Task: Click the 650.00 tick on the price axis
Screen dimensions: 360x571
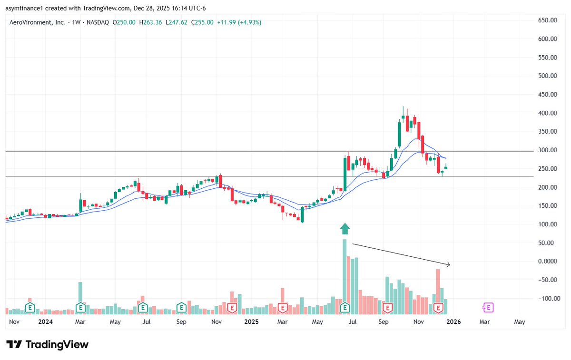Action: [547, 20]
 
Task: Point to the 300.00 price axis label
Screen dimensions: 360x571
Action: [547, 150]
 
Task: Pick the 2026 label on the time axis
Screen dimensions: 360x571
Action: [453, 322]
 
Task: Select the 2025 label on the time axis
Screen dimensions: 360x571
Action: [251, 322]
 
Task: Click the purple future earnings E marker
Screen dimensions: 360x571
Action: [488, 308]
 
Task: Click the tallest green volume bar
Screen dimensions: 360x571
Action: [345, 276]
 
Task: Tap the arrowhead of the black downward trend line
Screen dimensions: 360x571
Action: [448, 264]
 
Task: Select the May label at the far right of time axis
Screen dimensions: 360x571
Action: [520, 322]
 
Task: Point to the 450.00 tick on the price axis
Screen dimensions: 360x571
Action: [547, 95]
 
